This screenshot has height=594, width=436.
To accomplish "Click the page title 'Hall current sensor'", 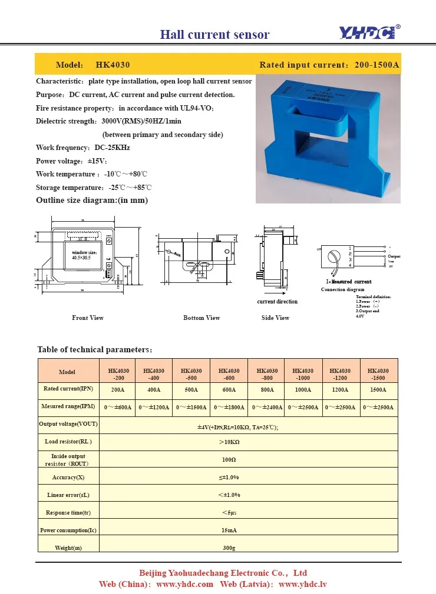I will pos(214,34).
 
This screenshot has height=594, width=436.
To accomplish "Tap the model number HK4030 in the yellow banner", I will pos(113,65).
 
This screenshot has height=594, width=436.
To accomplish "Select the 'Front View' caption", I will pos(88,318).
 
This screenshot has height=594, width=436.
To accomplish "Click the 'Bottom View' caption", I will pos(202,318).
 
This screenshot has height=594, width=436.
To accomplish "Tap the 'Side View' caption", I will pos(275,318).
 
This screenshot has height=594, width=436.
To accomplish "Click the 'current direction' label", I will pos(277,302).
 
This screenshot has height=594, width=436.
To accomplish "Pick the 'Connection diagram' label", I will pos(342,290).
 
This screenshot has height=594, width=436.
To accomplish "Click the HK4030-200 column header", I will pos(118,374).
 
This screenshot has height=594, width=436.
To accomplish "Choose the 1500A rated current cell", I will pos(378,389).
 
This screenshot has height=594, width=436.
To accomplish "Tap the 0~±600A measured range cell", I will pos(118,407).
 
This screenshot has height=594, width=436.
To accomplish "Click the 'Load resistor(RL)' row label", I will pos(68,441).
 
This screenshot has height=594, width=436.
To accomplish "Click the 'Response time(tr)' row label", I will pos(68,513).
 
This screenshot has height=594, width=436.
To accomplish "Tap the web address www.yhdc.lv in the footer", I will pos(302,584).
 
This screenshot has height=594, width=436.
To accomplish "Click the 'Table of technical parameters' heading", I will pos(95,349).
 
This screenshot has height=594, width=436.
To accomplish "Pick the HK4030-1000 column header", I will pos(303,374).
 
